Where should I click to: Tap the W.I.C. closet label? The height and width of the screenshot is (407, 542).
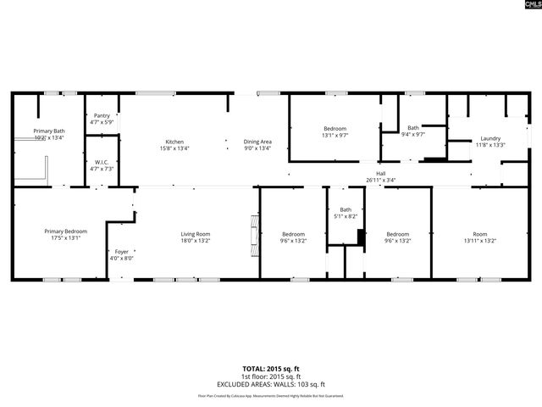click(x=102, y=162)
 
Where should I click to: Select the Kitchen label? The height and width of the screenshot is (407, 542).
click(x=174, y=142)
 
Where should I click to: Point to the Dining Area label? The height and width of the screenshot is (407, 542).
click(x=257, y=142)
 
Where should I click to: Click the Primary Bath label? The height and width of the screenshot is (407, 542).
click(x=49, y=131)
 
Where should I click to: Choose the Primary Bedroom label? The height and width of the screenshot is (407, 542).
click(x=65, y=231)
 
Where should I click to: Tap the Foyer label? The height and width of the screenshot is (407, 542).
click(x=122, y=252)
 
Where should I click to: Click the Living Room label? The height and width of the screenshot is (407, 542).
click(x=195, y=234)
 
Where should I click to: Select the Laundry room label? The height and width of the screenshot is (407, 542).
click(x=490, y=138)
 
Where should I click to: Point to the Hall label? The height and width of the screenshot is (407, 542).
click(x=381, y=173)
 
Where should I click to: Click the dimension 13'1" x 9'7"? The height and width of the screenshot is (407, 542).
click(x=335, y=136)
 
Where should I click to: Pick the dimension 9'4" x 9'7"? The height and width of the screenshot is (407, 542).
click(x=412, y=134)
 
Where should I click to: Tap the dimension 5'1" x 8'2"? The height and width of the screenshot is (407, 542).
click(x=346, y=217)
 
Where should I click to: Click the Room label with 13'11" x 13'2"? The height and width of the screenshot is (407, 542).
click(x=480, y=234)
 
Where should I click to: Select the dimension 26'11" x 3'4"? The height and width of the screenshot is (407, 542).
click(x=381, y=180)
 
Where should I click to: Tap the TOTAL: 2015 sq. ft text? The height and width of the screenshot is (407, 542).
click(x=270, y=369)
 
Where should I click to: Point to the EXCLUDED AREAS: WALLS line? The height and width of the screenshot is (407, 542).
click(x=270, y=383)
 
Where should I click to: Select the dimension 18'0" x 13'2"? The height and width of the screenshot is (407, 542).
click(x=195, y=241)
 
